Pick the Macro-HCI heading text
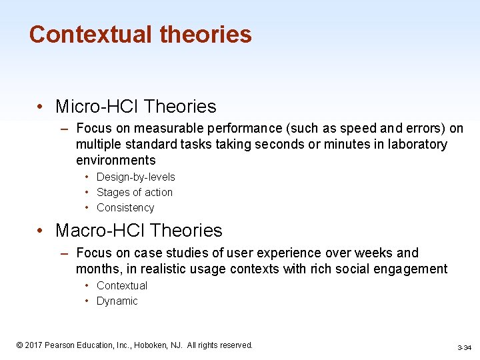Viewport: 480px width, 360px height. (99, 231)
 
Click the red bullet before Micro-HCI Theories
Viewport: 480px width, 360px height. (41, 107)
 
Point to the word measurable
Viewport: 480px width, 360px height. (163, 128)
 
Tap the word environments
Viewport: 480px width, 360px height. (115, 160)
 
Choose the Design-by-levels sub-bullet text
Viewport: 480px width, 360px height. (135, 177)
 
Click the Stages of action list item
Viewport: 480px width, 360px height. (134, 192)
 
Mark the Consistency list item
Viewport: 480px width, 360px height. (125, 207)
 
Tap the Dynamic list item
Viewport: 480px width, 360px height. (117, 301)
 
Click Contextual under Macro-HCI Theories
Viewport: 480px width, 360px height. (121, 285)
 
